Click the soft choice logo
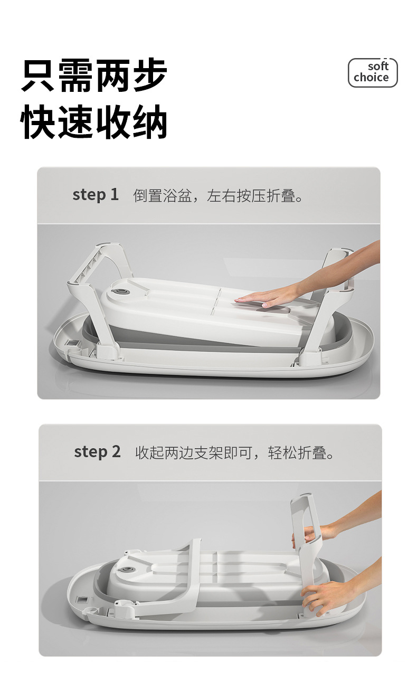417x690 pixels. pyautogui.click(x=372, y=72)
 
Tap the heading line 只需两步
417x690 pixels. pyautogui.click(x=94, y=76)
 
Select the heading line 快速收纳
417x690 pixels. pyautogui.click(x=94, y=122)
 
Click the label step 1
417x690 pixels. pyautogui.click(x=96, y=195)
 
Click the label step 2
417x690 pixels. pyautogui.click(x=97, y=452)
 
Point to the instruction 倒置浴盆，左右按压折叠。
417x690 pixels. pyautogui.click(x=219, y=196)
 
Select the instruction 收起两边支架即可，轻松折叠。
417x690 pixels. pyautogui.click(x=235, y=453)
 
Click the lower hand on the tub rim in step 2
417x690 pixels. pyautogui.click(x=327, y=597)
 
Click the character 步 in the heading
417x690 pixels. pyautogui.click(x=150, y=76)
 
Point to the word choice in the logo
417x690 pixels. pyautogui.click(x=371, y=78)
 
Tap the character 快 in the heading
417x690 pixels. pyautogui.click(x=39, y=122)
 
